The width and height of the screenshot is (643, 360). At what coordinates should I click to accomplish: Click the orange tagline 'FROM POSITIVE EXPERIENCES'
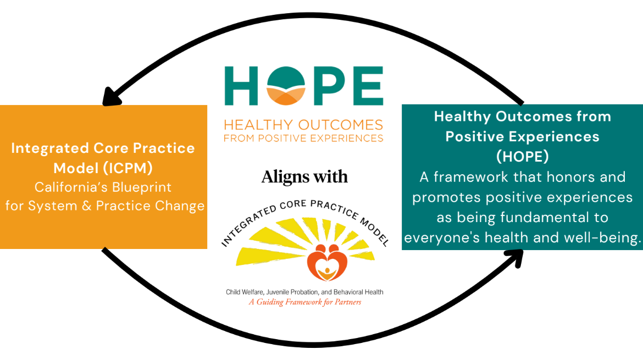[303, 137]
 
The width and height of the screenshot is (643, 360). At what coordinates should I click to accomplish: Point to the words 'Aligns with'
[304, 176]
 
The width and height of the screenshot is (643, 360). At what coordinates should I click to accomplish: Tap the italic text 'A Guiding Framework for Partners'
[304, 302]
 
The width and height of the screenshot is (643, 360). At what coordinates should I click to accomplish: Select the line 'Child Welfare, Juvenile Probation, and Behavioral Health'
[304, 292]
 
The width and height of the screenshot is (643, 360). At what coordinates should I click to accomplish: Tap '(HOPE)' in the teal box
[522, 157]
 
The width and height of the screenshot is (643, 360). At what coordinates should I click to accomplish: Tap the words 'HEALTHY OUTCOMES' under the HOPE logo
[303, 124]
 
